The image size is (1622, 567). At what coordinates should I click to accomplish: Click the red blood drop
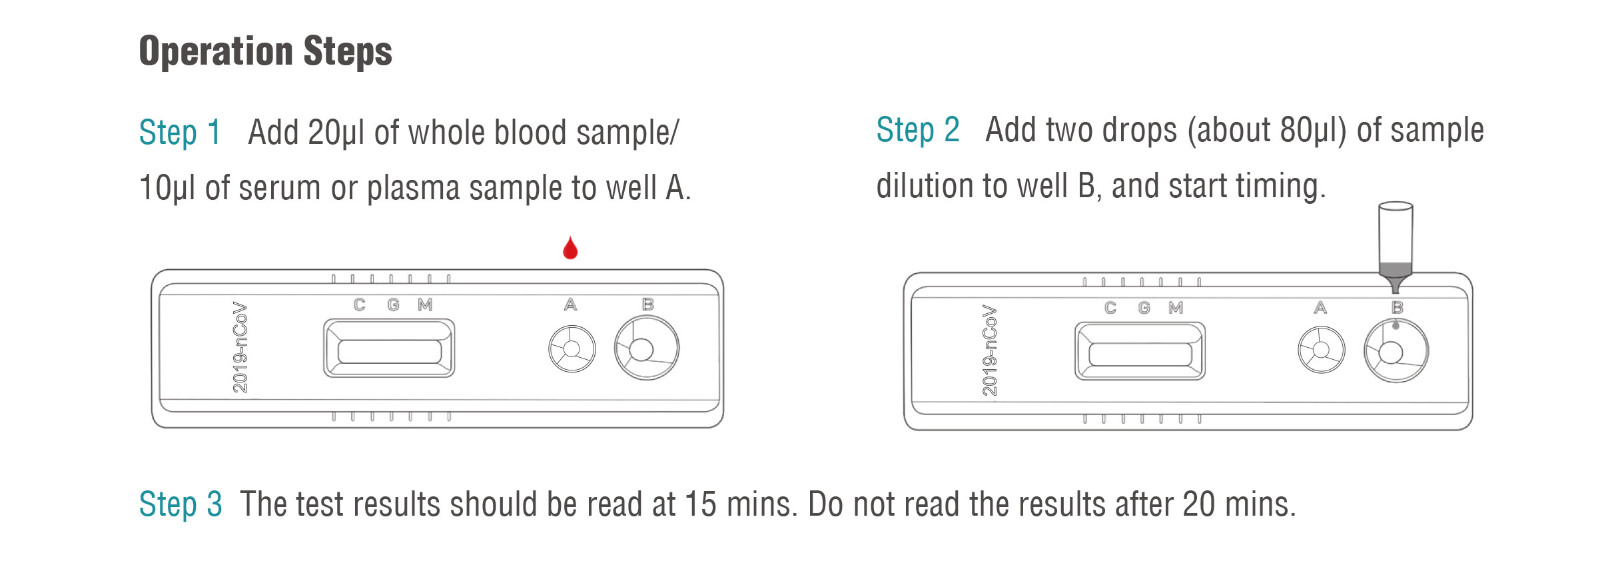point(570,249)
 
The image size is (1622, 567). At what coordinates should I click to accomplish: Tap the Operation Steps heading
point(265,51)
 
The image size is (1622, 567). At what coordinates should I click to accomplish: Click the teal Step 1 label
point(179,132)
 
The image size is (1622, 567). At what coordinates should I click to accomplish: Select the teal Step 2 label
point(917,129)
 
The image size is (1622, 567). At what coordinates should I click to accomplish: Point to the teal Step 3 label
point(180,504)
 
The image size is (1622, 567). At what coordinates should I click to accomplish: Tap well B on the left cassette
point(645,348)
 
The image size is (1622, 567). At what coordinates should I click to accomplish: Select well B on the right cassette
point(1396,351)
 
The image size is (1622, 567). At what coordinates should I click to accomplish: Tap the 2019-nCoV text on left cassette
point(240,347)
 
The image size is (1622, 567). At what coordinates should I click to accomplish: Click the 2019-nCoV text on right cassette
point(990,350)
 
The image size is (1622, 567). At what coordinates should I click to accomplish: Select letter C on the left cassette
point(359,304)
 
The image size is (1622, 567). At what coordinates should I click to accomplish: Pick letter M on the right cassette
point(1176,308)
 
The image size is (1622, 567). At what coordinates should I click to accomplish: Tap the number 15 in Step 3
point(700,504)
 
